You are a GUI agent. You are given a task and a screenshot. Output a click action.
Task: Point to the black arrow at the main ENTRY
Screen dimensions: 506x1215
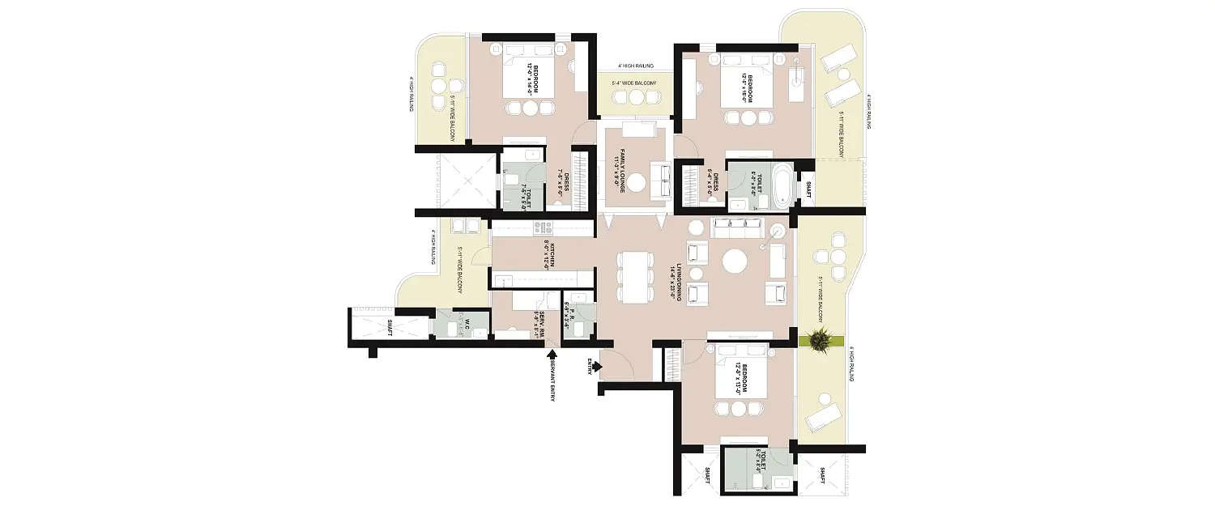[597, 367]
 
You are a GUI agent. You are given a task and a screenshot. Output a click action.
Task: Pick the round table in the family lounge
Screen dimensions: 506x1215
[637, 182]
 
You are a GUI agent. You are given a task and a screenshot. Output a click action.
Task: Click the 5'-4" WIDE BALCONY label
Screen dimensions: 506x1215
[635, 83]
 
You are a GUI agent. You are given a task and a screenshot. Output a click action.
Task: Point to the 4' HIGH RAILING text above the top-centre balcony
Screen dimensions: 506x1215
[635, 65]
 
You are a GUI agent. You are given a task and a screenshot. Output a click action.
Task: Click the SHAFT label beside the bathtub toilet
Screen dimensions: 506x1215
[807, 189]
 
